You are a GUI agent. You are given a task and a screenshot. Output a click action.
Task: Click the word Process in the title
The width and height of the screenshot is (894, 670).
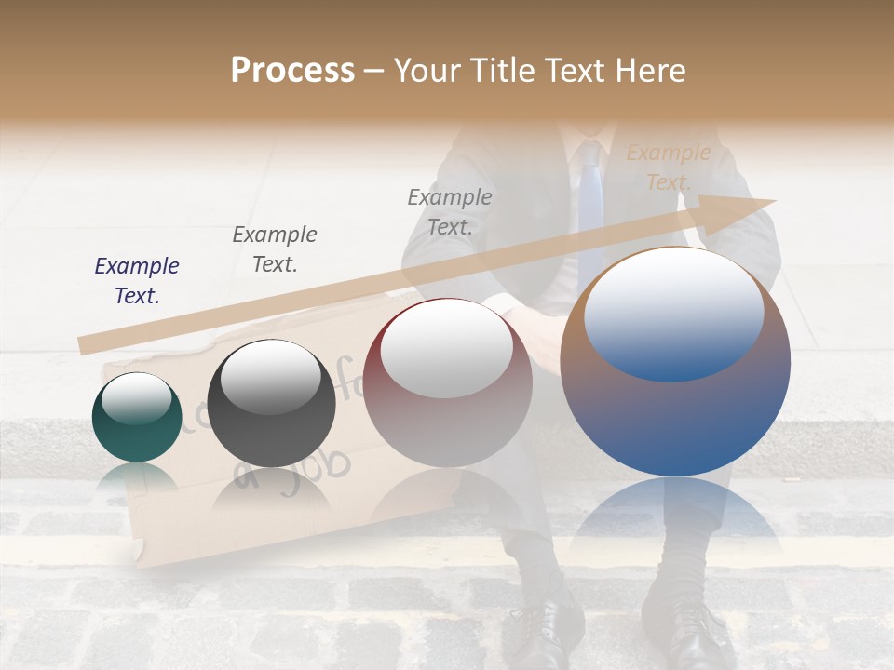click(292, 71)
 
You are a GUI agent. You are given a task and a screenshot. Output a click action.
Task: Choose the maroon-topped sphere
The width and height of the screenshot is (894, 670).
click(447, 382)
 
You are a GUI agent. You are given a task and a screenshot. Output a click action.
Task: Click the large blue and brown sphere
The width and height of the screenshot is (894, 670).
click(675, 363)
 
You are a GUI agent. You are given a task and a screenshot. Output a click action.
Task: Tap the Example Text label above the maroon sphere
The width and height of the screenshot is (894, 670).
click(450, 211)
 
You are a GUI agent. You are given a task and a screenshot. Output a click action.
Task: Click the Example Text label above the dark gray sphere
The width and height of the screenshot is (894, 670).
click(274, 249)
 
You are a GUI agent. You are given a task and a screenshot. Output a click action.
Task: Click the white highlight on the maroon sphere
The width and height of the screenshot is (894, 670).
click(446, 346)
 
